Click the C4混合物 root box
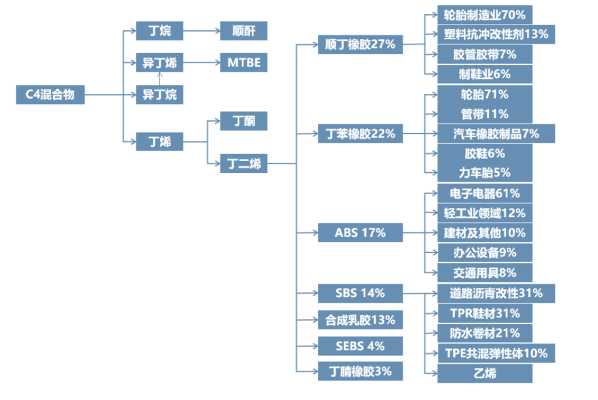(50, 94)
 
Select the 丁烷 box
(159, 31)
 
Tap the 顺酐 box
(244, 31)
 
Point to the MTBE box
(244, 62)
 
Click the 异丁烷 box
(159, 94)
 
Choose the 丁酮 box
(244, 121)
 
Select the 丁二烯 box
(244, 164)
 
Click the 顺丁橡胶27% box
(360, 44)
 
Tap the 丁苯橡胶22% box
(360, 134)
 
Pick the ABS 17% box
(360, 232)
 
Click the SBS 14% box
(360, 293)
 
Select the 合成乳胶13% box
(360, 320)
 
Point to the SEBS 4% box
(360, 346)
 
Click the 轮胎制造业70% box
(485, 14)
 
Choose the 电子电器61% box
(485, 193)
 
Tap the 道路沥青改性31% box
(496, 293)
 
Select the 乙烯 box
(485, 373)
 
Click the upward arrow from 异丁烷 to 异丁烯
(159, 78)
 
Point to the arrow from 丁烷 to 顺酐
(201, 31)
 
